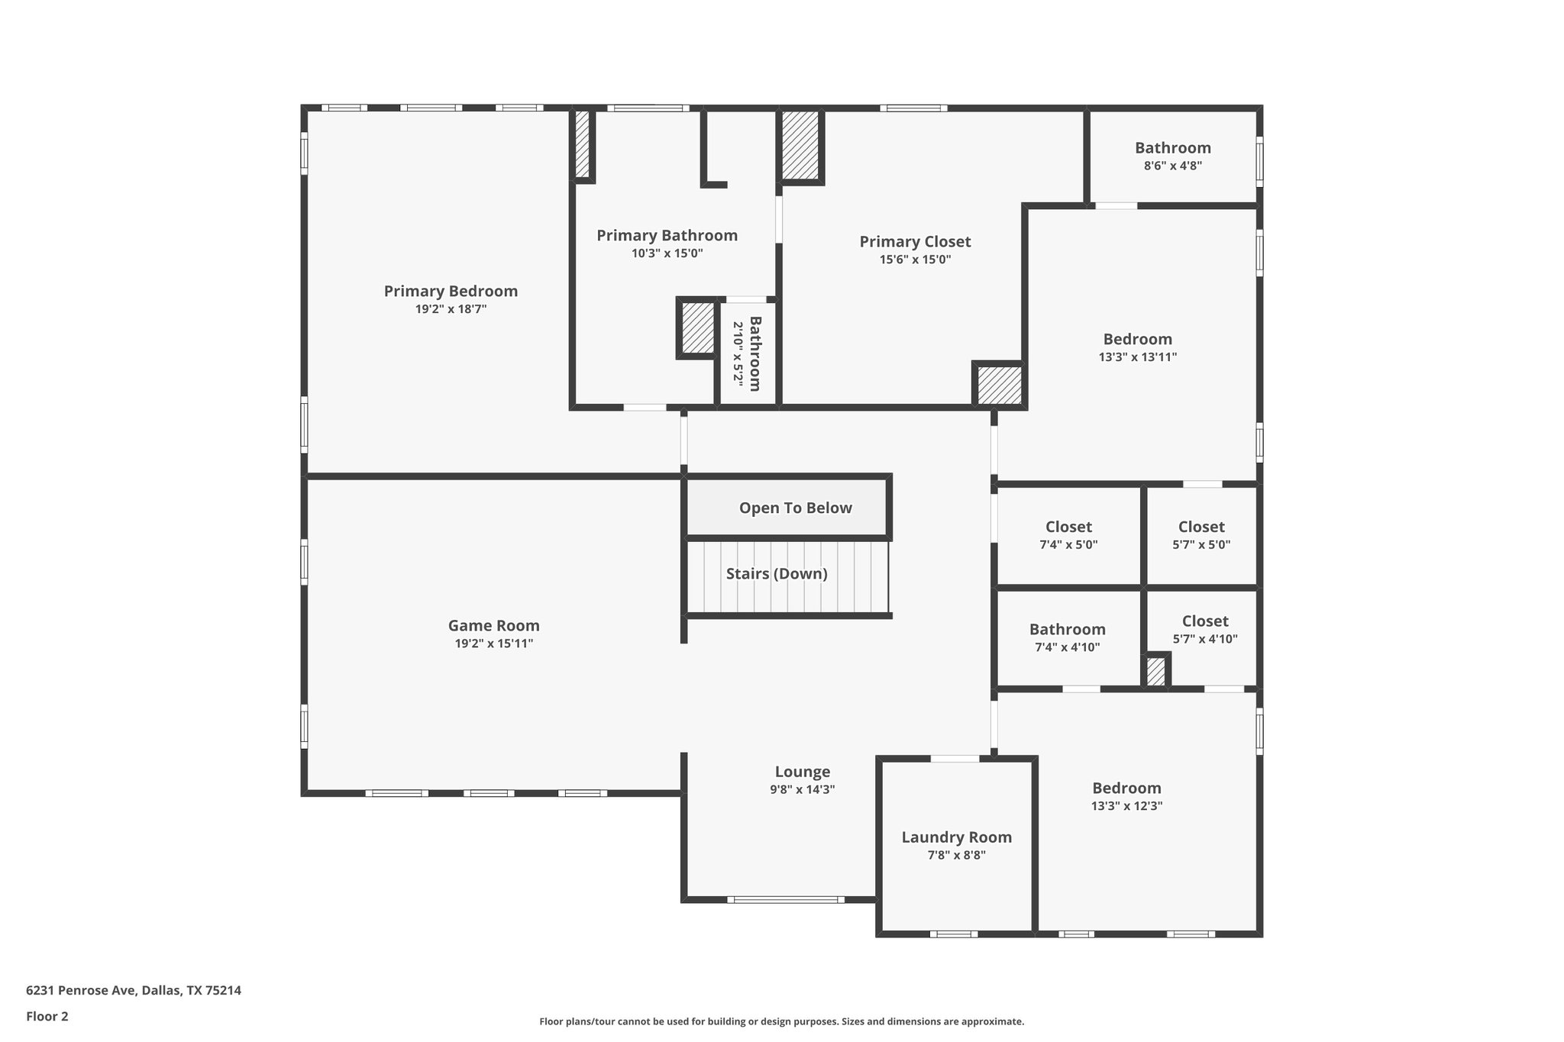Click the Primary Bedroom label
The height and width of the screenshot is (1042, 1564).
click(x=451, y=291)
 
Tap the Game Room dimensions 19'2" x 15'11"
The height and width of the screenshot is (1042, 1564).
click(x=493, y=644)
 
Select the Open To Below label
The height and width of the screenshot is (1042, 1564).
click(x=795, y=508)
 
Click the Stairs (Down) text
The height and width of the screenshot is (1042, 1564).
click(x=777, y=573)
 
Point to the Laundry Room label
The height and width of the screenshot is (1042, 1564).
click(x=956, y=837)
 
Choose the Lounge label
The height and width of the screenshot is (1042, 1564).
click(x=802, y=771)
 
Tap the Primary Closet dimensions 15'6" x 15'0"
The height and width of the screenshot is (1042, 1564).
click(x=915, y=260)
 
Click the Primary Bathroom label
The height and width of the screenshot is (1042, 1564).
click(x=667, y=235)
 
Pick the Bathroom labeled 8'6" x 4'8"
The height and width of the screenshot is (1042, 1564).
click(x=1172, y=148)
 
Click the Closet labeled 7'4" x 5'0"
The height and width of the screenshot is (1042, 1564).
click(x=1068, y=527)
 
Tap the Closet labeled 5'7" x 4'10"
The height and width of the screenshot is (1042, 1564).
click(x=1204, y=621)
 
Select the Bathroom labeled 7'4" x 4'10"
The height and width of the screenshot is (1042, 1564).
click(x=1067, y=629)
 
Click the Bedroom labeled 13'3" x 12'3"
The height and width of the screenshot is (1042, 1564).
click(x=1126, y=788)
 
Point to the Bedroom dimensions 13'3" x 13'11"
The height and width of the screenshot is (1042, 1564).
click(x=1137, y=356)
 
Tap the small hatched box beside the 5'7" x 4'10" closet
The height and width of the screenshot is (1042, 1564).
click(x=1155, y=672)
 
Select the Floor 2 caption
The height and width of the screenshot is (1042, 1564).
click(x=47, y=1016)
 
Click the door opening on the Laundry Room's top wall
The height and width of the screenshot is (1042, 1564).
click(x=955, y=759)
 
